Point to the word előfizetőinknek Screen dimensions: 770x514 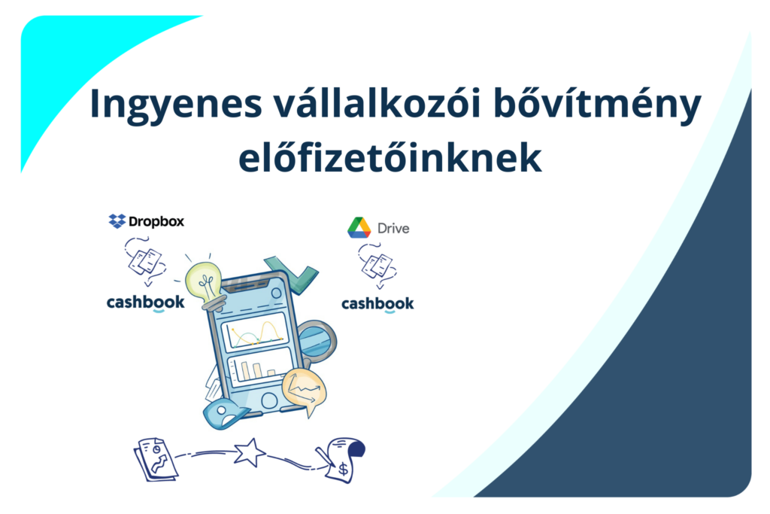[x=390, y=157]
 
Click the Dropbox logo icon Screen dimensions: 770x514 [x=117, y=221]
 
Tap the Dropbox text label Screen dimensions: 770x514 [x=156, y=221]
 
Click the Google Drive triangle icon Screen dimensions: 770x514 [x=359, y=228]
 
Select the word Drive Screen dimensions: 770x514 [x=393, y=229]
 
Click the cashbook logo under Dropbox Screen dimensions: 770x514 [x=145, y=303]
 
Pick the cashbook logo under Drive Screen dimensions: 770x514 [x=377, y=304]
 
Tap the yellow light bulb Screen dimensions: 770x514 [x=205, y=285]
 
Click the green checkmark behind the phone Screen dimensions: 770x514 [x=293, y=272]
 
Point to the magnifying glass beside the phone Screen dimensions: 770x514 [x=317, y=342]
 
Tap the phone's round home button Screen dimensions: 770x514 [x=269, y=400]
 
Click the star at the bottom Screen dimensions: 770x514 [x=250, y=452]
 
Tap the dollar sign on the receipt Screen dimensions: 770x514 [x=343, y=470]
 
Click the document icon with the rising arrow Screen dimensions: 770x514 [x=156, y=460]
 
